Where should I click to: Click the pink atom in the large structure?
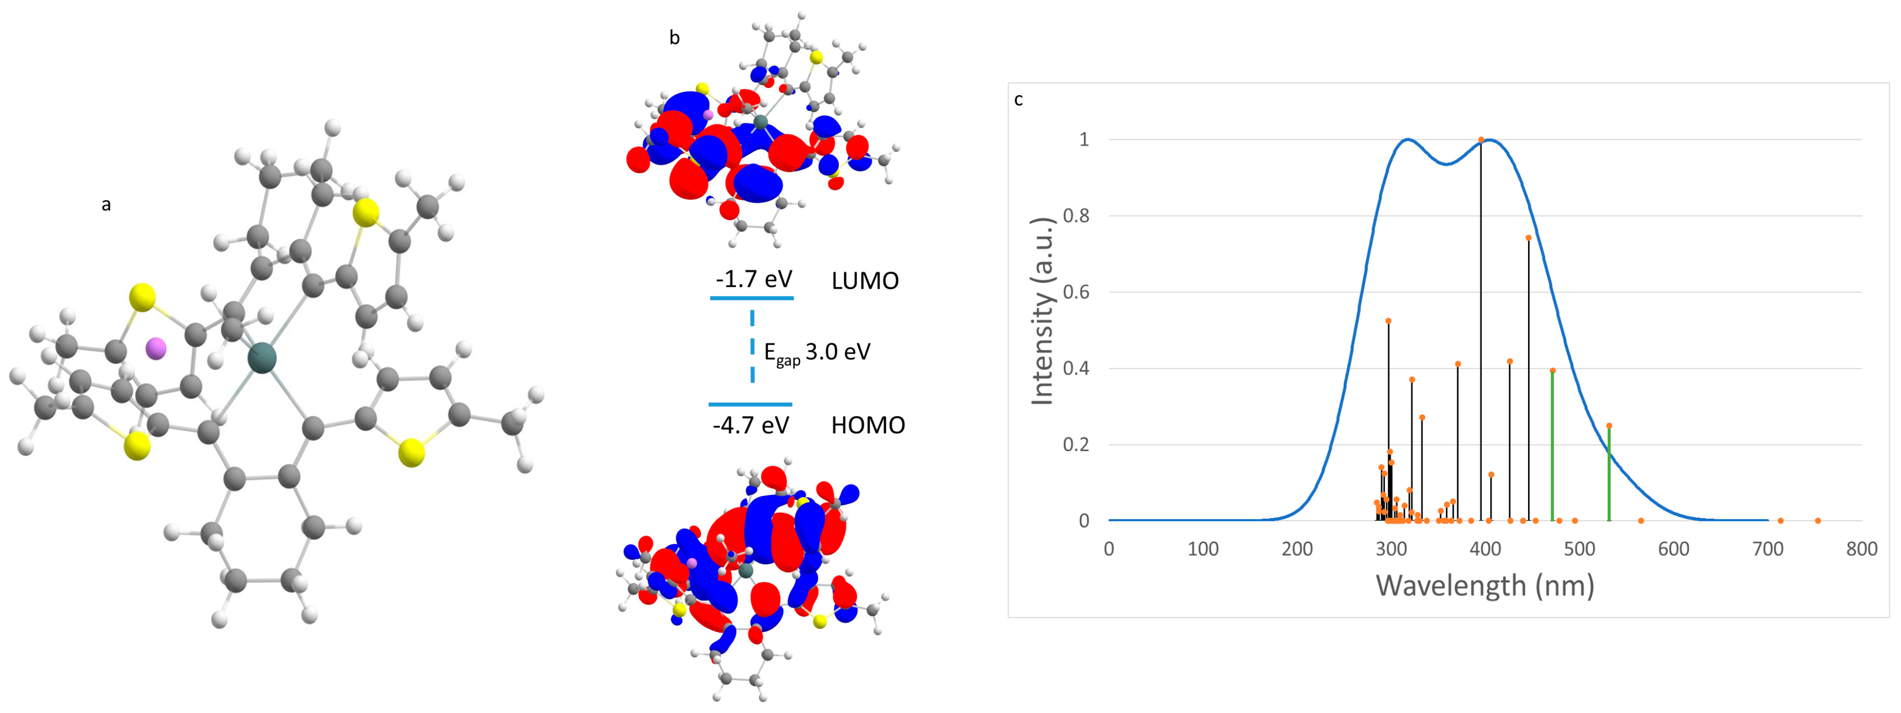point(156,348)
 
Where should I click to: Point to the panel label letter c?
point(1019,99)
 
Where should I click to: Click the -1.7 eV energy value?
point(753,279)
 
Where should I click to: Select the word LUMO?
point(865,281)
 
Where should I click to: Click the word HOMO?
point(868,425)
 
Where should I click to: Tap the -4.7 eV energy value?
point(750,425)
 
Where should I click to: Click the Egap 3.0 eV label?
point(817,353)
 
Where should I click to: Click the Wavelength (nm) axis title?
point(1485,586)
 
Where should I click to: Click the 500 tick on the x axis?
point(1579,549)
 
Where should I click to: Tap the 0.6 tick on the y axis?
point(1076,292)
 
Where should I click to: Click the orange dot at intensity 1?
point(1481,140)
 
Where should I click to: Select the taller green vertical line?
point(1553,443)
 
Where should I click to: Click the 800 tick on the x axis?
point(1861,549)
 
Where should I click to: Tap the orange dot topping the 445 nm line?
point(1529,238)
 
